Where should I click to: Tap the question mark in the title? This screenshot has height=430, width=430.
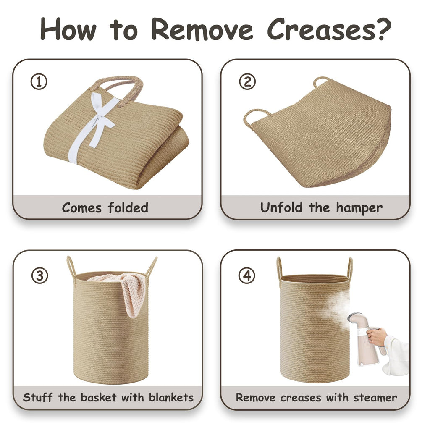pyautogui.click(x=384, y=29)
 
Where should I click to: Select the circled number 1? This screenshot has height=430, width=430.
pyautogui.click(x=39, y=82)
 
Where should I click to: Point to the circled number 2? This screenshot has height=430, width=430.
pyautogui.click(x=247, y=81)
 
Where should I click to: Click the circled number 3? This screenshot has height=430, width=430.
pyautogui.click(x=40, y=275)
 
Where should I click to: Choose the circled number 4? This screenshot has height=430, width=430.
pyautogui.click(x=247, y=275)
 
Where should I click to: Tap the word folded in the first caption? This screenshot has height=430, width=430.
pyautogui.click(x=128, y=207)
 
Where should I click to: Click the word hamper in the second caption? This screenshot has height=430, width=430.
pyautogui.click(x=359, y=208)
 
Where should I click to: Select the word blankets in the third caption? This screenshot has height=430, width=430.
pyautogui.click(x=171, y=397)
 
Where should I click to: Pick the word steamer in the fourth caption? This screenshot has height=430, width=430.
pyautogui.click(x=375, y=398)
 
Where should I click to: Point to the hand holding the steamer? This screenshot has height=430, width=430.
pyautogui.click(x=376, y=337)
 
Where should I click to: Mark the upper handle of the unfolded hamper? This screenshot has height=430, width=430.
pyautogui.click(x=320, y=81)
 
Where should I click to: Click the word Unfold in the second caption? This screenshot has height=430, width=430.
pyautogui.click(x=281, y=207)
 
